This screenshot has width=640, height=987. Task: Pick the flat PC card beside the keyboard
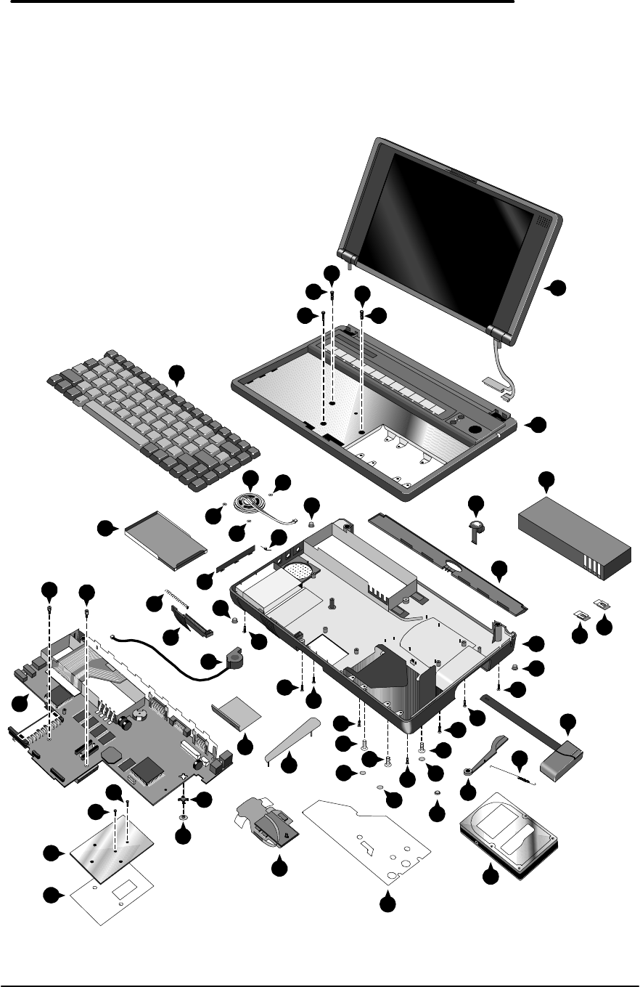166,541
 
